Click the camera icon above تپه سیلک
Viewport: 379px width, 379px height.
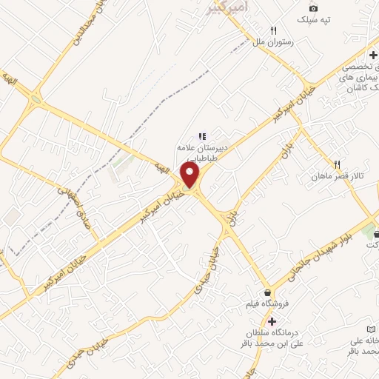pos(313,7)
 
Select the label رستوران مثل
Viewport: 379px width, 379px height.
pos(274,43)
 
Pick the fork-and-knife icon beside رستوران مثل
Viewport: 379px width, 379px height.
pos(274,31)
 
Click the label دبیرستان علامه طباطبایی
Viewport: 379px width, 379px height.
pos(201,152)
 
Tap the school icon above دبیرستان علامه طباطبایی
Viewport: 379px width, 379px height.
pos(201,136)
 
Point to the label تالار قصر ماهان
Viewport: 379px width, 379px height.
pos(338,177)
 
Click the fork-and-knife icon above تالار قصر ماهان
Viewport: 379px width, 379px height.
pos(337,164)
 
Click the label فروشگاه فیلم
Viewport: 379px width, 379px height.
pos(265,303)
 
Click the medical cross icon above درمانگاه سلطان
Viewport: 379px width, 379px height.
pos(272,321)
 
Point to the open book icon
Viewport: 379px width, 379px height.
pos(371,328)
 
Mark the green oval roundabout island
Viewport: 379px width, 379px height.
pos(35,100)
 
